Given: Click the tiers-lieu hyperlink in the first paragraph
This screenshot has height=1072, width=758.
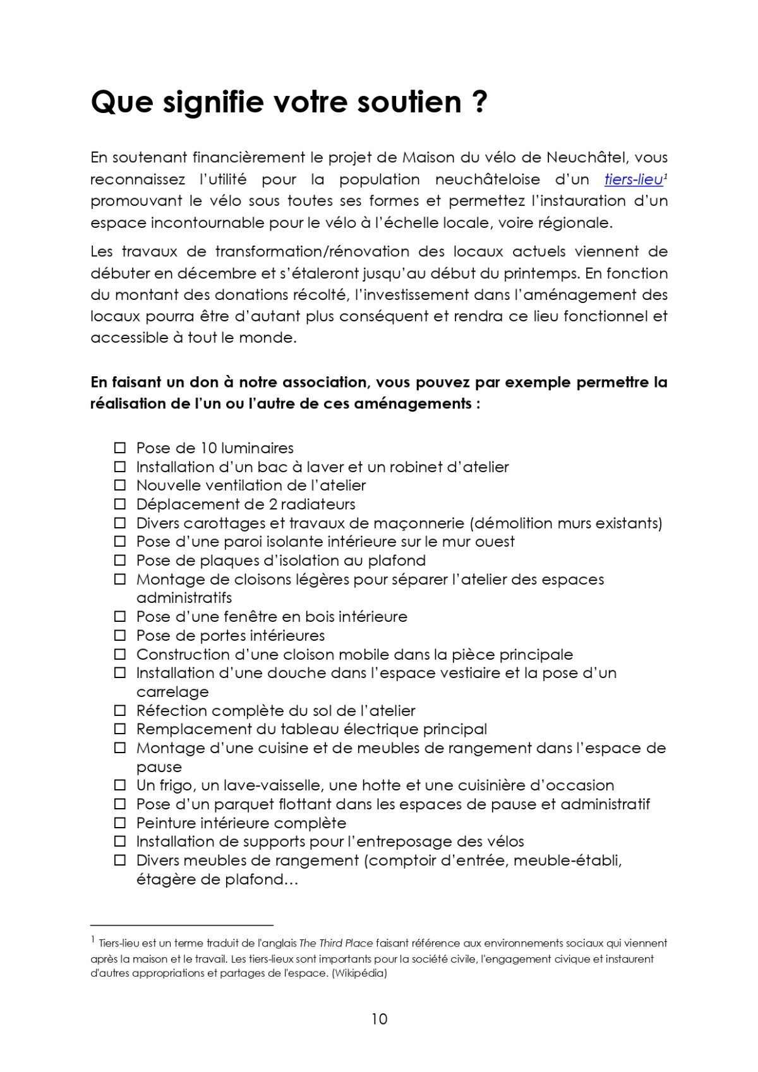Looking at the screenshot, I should [x=633, y=179].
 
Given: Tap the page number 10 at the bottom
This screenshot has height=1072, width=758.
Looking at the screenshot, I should [x=379, y=1019].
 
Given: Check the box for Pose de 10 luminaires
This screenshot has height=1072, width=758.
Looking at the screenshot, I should [x=120, y=448].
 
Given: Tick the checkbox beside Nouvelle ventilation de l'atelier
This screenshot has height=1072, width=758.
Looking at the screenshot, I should [x=120, y=485].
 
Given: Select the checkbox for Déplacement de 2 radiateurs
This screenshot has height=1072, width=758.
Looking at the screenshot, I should [x=120, y=504].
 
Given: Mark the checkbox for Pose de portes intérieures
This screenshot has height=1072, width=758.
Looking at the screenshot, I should [x=120, y=635].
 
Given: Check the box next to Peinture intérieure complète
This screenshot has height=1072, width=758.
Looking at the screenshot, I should [x=120, y=823].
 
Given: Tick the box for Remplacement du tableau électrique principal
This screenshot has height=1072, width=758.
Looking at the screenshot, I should [x=120, y=729].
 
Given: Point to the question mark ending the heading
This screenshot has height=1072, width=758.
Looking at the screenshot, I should [x=479, y=102].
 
